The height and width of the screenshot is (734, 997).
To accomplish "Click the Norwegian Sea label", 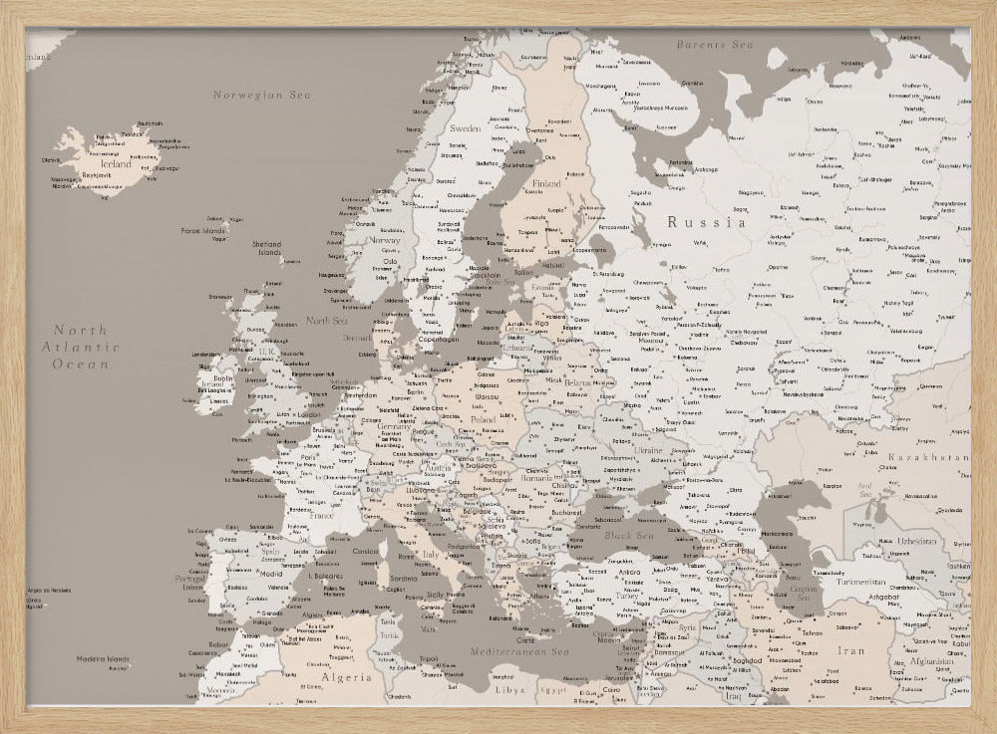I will (262, 95).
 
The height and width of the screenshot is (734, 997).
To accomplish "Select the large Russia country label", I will (707, 223).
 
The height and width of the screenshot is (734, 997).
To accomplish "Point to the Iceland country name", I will (116, 164).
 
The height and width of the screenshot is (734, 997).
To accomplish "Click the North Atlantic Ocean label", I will (80, 347).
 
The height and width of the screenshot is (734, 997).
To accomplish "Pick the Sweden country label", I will (465, 128).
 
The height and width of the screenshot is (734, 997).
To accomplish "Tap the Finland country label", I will (546, 184).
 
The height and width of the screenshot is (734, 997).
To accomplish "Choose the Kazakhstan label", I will (928, 457).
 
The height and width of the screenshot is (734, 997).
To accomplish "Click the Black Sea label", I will (628, 536).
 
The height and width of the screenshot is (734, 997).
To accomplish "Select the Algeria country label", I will (345, 677).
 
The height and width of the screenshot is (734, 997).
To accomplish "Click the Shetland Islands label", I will (267, 248).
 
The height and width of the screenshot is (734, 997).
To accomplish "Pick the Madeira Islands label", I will (105, 659).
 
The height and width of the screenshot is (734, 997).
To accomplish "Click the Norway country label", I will (384, 240).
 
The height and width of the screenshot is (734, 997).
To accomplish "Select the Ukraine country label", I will (648, 451).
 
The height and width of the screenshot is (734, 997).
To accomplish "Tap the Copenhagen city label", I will (439, 339).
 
